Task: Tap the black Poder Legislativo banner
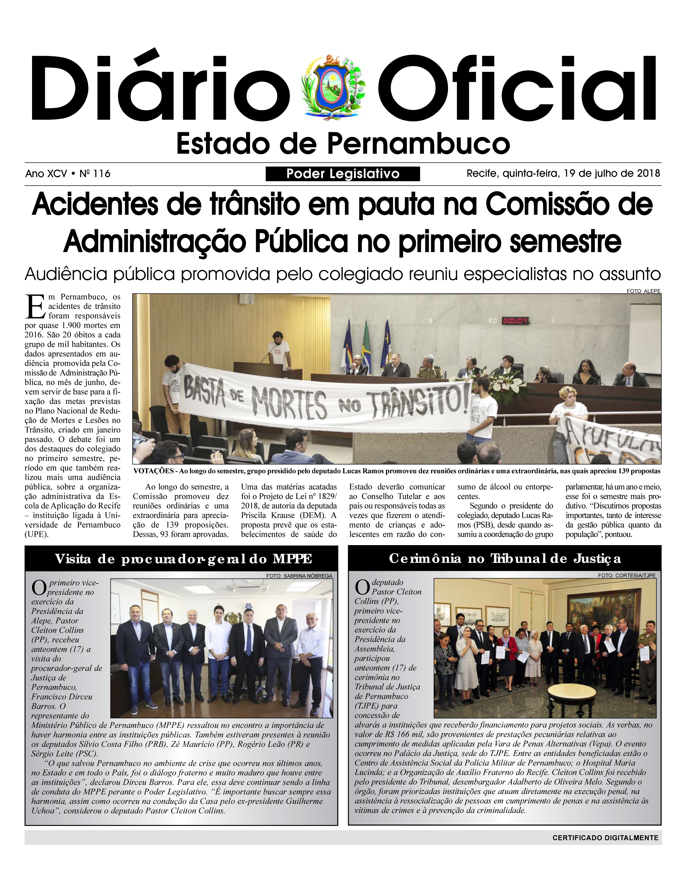342,174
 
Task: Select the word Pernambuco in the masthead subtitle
418,144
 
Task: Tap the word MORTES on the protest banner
289,402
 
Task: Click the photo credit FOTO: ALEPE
643,291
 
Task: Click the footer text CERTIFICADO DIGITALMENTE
605,838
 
